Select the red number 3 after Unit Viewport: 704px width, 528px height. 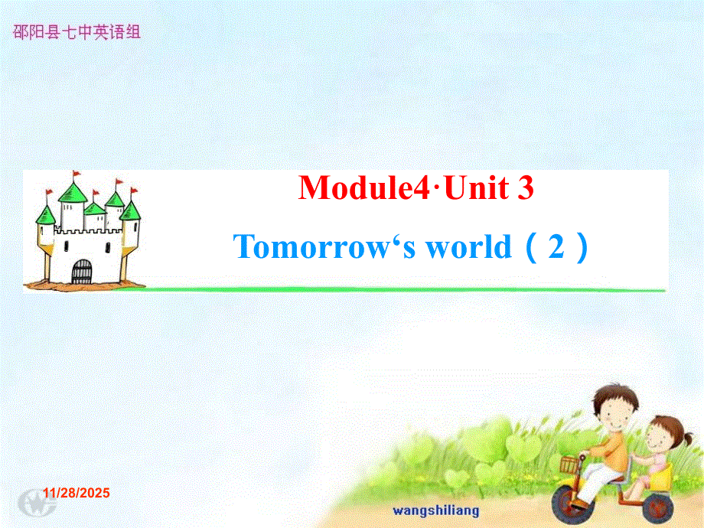click(525, 187)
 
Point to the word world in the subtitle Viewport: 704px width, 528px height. click(469, 246)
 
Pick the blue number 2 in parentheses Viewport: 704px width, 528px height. click(556, 246)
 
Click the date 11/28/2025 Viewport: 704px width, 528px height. click(77, 493)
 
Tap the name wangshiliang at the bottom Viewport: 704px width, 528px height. click(436, 511)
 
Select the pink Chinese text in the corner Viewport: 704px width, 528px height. click(77, 32)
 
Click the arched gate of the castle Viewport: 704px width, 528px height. click(81, 272)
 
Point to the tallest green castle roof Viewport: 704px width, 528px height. click(73, 192)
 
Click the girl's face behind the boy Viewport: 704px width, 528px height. click(660, 435)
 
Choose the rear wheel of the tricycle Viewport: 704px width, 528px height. click(658, 505)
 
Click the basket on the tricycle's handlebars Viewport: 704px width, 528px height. click(570, 464)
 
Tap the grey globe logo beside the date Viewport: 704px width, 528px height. click(37, 503)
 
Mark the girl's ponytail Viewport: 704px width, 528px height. click(687, 438)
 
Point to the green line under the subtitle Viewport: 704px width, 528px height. click(389, 289)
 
